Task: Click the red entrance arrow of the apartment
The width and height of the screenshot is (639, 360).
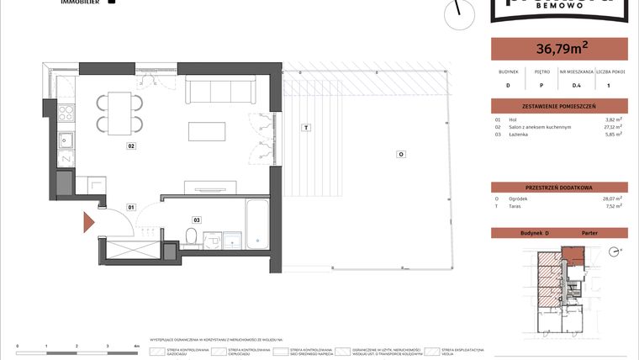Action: pyautogui.click(x=87, y=222)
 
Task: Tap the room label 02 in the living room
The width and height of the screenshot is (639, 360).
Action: pyautogui.click(x=131, y=146)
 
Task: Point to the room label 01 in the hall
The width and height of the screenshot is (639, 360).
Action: pyautogui.click(x=131, y=206)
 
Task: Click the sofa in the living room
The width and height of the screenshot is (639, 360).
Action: pyautogui.click(x=220, y=89)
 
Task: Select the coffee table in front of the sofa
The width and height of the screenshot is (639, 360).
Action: pyautogui.click(x=207, y=132)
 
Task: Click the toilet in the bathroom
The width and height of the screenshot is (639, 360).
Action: pyautogui.click(x=192, y=236)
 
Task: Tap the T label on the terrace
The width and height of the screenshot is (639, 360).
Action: pyautogui.click(x=307, y=127)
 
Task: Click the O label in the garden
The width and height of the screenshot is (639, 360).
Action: pyautogui.click(x=401, y=154)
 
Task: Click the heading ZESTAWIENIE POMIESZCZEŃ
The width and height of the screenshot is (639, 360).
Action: pyautogui.click(x=558, y=106)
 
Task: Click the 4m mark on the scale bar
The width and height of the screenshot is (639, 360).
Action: pyautogui.click(x=136, y=346)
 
